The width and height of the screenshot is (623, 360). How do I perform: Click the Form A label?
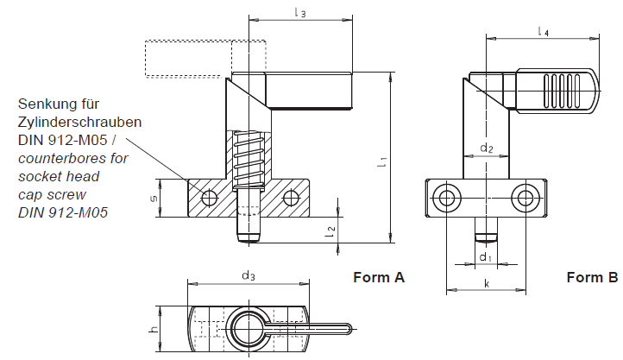tap(379, 278)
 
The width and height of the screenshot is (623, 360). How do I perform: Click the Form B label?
tap(592, 278)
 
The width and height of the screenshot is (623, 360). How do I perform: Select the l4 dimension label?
tap(543, 32)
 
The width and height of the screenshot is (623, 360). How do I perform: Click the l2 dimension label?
tap(330, 231)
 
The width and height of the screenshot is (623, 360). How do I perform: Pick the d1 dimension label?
tap(486, 257)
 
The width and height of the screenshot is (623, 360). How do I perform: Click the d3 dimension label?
tap(249, 275)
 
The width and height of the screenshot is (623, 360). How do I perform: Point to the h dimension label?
tap(154, 329)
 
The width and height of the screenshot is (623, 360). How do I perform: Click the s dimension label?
tap(154, 199)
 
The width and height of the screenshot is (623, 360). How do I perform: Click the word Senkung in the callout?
tap(47, 104)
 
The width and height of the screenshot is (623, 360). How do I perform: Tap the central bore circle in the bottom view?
tap(249, 328)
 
